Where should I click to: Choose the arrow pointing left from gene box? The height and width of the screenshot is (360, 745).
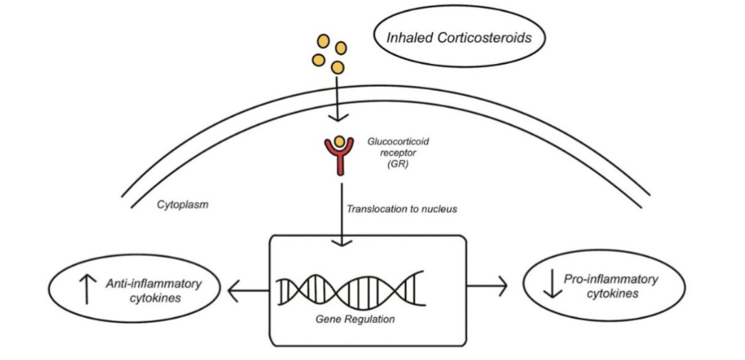point(248,289)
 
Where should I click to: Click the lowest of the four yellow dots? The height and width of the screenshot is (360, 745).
point(338,68)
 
